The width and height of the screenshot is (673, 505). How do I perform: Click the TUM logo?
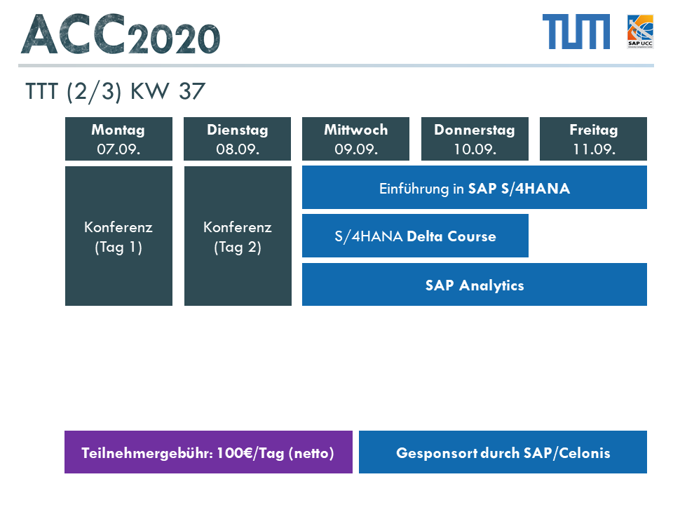[x=576, y=32]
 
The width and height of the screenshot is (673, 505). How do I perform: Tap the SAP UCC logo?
[x=640, y=32]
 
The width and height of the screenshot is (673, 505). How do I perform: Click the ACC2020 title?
[x=121, y=34]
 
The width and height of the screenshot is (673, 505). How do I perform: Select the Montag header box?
[x=119, y=139]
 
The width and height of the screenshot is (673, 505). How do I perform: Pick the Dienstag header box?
[x=238, y=139]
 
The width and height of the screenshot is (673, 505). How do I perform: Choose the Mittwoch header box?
[x=356, y=139]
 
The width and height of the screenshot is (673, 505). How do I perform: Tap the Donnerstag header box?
[x=475, y=139]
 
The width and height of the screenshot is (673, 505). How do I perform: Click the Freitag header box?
[x=593, y=139]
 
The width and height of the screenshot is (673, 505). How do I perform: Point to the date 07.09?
[x=118, y=149]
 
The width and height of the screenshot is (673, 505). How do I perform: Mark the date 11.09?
[x=594, y=149]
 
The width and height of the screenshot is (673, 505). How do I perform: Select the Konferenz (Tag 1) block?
[x=119, y=236]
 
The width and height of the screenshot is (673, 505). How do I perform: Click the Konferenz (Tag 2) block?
[x=238, y=236]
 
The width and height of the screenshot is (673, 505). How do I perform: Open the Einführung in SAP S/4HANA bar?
[x=475, y=187]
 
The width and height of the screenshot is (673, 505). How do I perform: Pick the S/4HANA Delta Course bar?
[x=415, y=236]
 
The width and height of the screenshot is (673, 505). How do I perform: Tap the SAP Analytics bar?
[x=475, y=284]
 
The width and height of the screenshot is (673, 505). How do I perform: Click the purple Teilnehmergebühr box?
[x=209, y=452]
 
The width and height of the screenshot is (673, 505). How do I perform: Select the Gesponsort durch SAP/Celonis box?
[x=503, y=452]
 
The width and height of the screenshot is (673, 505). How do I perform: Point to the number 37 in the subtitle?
[x=192, y=91]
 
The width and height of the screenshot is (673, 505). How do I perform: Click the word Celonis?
[x=585, y=453]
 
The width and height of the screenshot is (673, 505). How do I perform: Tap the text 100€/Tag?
[x=250, y=454]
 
